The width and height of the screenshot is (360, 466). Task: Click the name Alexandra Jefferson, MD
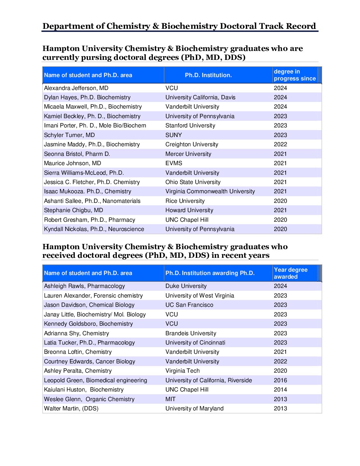tap(76, 88)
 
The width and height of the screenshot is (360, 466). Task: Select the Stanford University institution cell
tap(190, 125)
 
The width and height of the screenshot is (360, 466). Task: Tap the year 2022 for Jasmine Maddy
tap(280, 144)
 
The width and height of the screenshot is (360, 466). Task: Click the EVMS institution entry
tap(174, 163)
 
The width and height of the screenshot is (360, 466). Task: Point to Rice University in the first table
tap(185, 201)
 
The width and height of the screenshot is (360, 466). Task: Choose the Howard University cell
tap(189, 210)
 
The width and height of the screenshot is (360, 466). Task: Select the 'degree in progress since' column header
tap(294, 75)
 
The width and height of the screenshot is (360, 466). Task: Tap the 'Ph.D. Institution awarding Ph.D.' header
tap(210, 273)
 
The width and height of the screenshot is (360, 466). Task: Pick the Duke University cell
tap(186, 286)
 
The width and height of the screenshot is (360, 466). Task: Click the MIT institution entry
tap(170, 399)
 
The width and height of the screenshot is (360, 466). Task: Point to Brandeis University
tap(191, 333)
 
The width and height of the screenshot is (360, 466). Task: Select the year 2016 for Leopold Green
tap(280, 380)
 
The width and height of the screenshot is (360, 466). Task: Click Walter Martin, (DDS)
tap(71, 408)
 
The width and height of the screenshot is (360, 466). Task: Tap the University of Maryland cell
tap(195, 408)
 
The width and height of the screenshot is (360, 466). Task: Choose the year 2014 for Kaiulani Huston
tap(280, 390)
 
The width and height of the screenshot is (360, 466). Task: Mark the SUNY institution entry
tap(173, 135)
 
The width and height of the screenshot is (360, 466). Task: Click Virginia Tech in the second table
tap(182, 371)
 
